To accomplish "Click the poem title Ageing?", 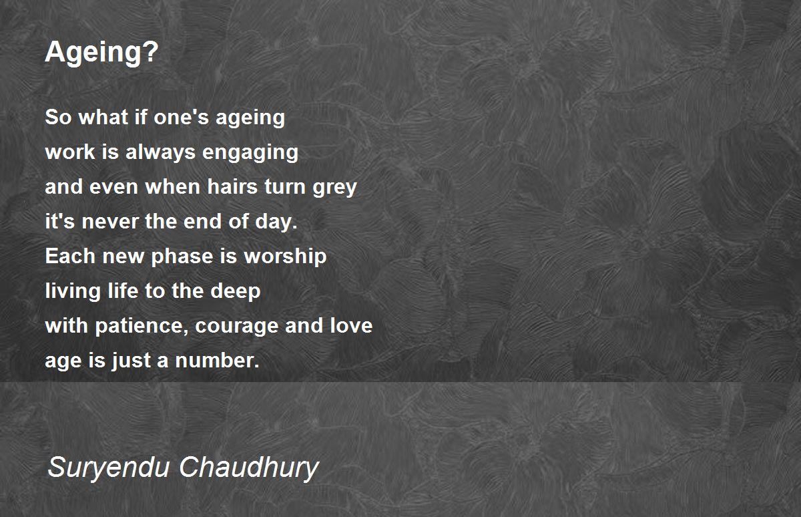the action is point(101,53).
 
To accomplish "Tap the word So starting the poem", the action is point(58,117).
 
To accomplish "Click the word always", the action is point(161,152).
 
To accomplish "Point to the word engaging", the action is point(250,152).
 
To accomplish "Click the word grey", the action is point(334,188).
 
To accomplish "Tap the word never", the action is point(110,222).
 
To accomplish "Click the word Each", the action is point(70,256).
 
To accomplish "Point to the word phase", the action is point(182,256).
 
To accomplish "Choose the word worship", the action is point(285,256).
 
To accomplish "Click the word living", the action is point(73,291).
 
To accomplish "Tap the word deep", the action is point(235,291).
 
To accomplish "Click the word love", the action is point(351,325).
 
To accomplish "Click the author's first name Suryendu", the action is point(108,468).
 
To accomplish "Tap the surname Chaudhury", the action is point(248,468).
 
